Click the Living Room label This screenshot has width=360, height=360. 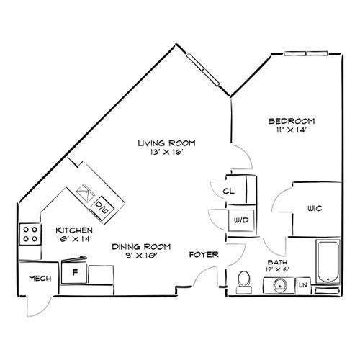pyautogui.click(x=166, y=143)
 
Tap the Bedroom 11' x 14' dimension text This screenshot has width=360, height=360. pyautogui.click(x=292, y=130)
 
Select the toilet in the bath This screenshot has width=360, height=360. pyautogui.click(x=244, y=282)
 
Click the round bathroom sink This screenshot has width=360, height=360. pyautogui.click(x=279, y=286)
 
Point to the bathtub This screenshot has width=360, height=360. pyautogui.click(x=328, y=261)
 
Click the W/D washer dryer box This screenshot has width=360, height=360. pyautogui.click(x=241, y=220)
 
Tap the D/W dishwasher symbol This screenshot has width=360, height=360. pyautogui.click(x=102, y=208)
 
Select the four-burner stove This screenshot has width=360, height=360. pyautogui.click(x=30, y=234)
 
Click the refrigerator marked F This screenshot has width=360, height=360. pyautogui.click(x=74, y=271)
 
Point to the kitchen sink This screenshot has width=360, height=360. pyautogui.click(x=84, y=193)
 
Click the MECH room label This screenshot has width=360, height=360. pyautogui.click(x=40, y=279)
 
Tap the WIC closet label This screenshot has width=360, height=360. pyautogui.click(x=315, y=208)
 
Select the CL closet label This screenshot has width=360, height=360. pyautogui.click(x=229, y=192)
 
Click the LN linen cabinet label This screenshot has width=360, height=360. pyautogui.click(x=303, y=285)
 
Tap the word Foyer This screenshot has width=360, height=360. pyautogui.click(x=204, y=254)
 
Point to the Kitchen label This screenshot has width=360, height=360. pyautogui.click(x=74, y=230)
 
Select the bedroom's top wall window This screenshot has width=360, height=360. pyautogui.click(x=306, y=53)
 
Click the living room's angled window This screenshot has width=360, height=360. pyautogui.click(x=203, y=70)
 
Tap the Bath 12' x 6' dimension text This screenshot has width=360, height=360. pyautogui.click(x=278, y=269)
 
